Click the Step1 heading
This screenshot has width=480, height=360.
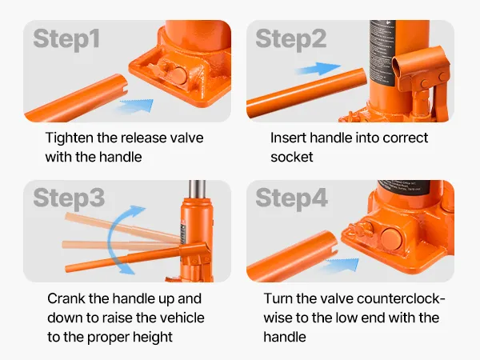(66, 39)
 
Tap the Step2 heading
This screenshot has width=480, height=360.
(291, 39)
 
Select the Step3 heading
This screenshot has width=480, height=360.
(69, 198)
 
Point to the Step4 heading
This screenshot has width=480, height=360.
(291, 198)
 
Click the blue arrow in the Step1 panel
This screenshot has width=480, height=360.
(136, 106)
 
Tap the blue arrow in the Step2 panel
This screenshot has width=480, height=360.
(318, 69)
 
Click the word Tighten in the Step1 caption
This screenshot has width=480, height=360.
(69, 138)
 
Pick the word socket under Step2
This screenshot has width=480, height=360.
(292, 157)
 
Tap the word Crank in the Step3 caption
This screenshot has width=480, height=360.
(66, 298)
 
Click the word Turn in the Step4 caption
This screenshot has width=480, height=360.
(278, 298)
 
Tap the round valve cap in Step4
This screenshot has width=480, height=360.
(391, 238)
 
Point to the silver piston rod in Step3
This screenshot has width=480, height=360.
(197, 190)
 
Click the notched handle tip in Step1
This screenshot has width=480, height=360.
(124, 84)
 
